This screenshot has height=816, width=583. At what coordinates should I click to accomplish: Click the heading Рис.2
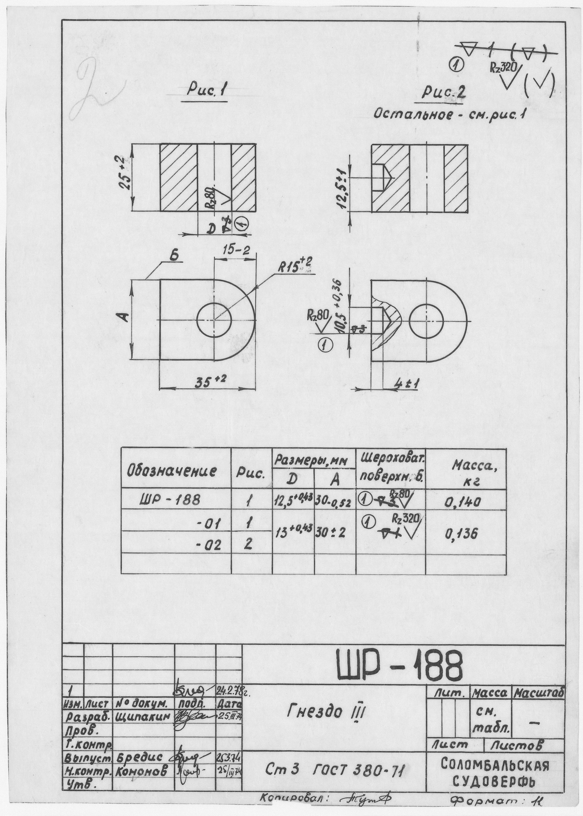444,93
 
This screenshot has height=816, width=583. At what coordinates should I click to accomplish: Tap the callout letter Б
173,257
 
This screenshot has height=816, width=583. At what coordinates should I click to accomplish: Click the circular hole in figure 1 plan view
214,319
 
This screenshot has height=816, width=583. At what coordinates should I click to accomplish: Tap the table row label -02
208,545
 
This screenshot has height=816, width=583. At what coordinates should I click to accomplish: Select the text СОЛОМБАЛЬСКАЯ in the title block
495,764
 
